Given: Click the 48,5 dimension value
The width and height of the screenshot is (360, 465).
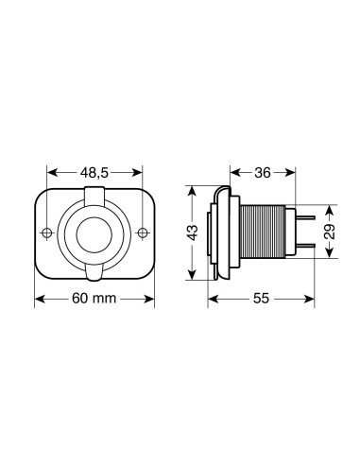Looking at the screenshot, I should pyautogui.click(x=95, y=173).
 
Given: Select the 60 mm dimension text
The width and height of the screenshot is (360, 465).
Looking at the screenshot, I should pyautogui.click(x=95, y=299).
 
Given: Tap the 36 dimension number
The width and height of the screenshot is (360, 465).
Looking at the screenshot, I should pyautogui.click(x=266, y=172).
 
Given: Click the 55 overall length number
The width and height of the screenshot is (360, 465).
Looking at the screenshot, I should pyautogui.click(x=261, y=299).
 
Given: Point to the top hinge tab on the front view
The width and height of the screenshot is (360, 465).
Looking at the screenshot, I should pyautogui.click(x=95, y=196).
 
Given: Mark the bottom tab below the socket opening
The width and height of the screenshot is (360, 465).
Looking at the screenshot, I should pyautogui.click(x=95, y=271).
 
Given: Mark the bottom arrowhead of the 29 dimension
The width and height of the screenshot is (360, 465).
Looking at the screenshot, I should pyautogui.click(x=328, y=258).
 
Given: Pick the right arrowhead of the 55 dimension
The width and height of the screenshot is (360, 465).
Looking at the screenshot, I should pyautogui.click(x=308, y=299).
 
